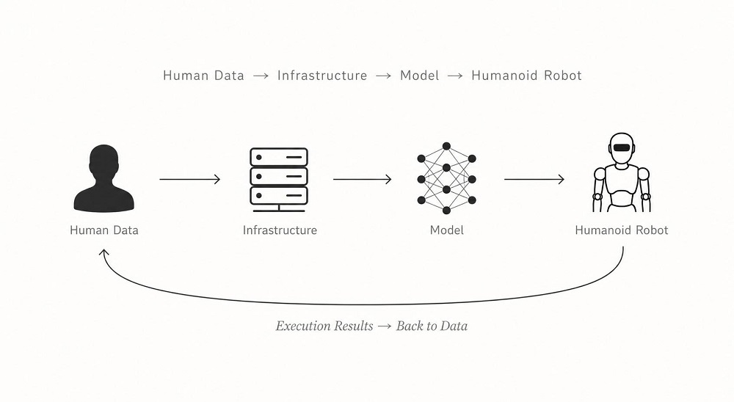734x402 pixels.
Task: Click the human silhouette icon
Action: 104,178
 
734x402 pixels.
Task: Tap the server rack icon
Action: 279,180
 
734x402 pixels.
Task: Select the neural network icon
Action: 446,178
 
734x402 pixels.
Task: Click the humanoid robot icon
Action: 621,172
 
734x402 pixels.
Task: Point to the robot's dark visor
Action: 621,147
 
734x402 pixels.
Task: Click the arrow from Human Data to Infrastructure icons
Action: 189,179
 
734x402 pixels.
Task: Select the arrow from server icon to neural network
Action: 363,179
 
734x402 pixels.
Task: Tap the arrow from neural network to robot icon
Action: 534,179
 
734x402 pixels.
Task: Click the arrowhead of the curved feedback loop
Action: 104,252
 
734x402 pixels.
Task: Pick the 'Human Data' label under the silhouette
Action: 104,230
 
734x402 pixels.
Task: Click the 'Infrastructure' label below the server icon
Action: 280,230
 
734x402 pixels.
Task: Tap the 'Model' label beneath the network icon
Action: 447,230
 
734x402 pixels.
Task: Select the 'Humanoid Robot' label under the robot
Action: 622,230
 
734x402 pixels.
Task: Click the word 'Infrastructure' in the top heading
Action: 322,76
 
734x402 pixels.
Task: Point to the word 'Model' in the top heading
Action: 419,76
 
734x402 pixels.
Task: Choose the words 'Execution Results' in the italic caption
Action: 324,326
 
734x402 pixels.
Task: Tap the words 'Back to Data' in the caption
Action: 432,326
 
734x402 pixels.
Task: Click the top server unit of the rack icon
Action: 279,157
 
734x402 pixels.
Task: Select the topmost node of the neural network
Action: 446,147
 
